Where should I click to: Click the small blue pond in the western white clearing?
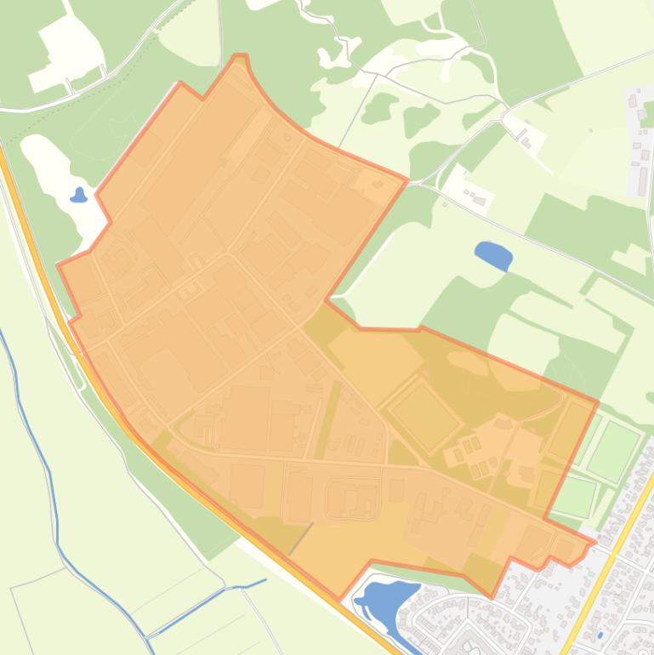click(79, 196)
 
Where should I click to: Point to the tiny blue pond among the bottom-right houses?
click(600, 635)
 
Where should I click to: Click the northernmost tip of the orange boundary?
click(242, 56)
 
